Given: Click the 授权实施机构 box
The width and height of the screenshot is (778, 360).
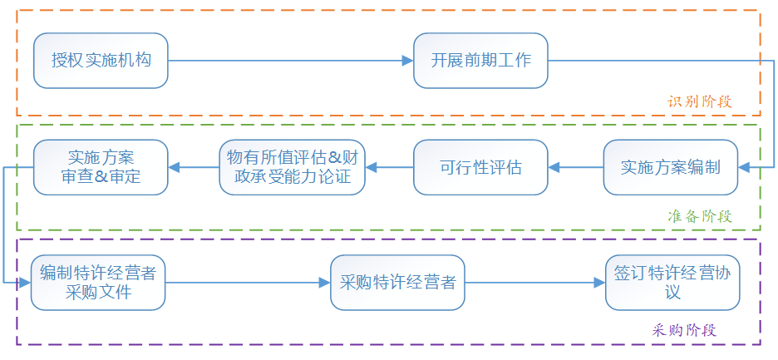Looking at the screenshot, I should coord(101,61).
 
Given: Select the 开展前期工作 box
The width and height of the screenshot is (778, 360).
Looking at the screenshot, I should coord(480,61).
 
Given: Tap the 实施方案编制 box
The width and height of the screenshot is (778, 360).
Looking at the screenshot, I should coord(670,167).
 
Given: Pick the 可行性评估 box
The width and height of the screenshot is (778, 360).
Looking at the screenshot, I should coord(480,167).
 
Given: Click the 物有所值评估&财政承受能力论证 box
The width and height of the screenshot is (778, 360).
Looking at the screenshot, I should coord(293,167).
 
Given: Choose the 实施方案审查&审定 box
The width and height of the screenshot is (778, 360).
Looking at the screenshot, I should coord(101,167).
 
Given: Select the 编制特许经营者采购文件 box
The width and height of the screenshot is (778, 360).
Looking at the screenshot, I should coord(98,283).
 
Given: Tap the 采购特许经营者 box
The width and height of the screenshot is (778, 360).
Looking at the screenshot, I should coord(397,283).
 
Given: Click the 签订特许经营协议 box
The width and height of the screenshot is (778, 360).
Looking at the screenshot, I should coord(672,283).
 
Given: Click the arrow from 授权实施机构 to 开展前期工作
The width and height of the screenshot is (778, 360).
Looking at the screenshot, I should coord(290,61).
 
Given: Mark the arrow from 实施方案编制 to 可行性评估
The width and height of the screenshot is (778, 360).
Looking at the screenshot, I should coord(575,167).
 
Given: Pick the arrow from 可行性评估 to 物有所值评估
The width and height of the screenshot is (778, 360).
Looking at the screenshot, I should coord(389,167).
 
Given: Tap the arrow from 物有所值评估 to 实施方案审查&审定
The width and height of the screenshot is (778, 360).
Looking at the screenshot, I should coord(194,167).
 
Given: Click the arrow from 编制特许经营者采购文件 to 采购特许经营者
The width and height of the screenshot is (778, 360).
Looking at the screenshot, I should coord(248,283).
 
